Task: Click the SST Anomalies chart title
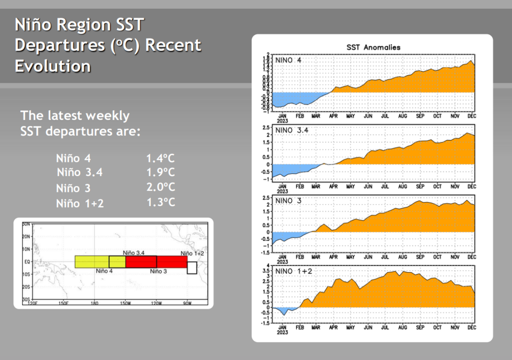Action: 373,47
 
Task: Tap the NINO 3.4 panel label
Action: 293,130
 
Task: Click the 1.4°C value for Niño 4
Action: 160,159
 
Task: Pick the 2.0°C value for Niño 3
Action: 160,187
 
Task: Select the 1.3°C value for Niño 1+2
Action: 160,202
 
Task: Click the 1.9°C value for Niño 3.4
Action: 160,173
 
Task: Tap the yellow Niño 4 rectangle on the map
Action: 92,261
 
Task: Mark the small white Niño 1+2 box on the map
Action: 192,268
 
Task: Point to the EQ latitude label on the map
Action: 26,261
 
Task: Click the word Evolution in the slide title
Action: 53,66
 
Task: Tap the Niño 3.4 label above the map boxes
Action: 133,253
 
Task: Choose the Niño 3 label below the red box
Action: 159,271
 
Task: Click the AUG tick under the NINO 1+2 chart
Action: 403,327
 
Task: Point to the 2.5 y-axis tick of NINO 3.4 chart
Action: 267,127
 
